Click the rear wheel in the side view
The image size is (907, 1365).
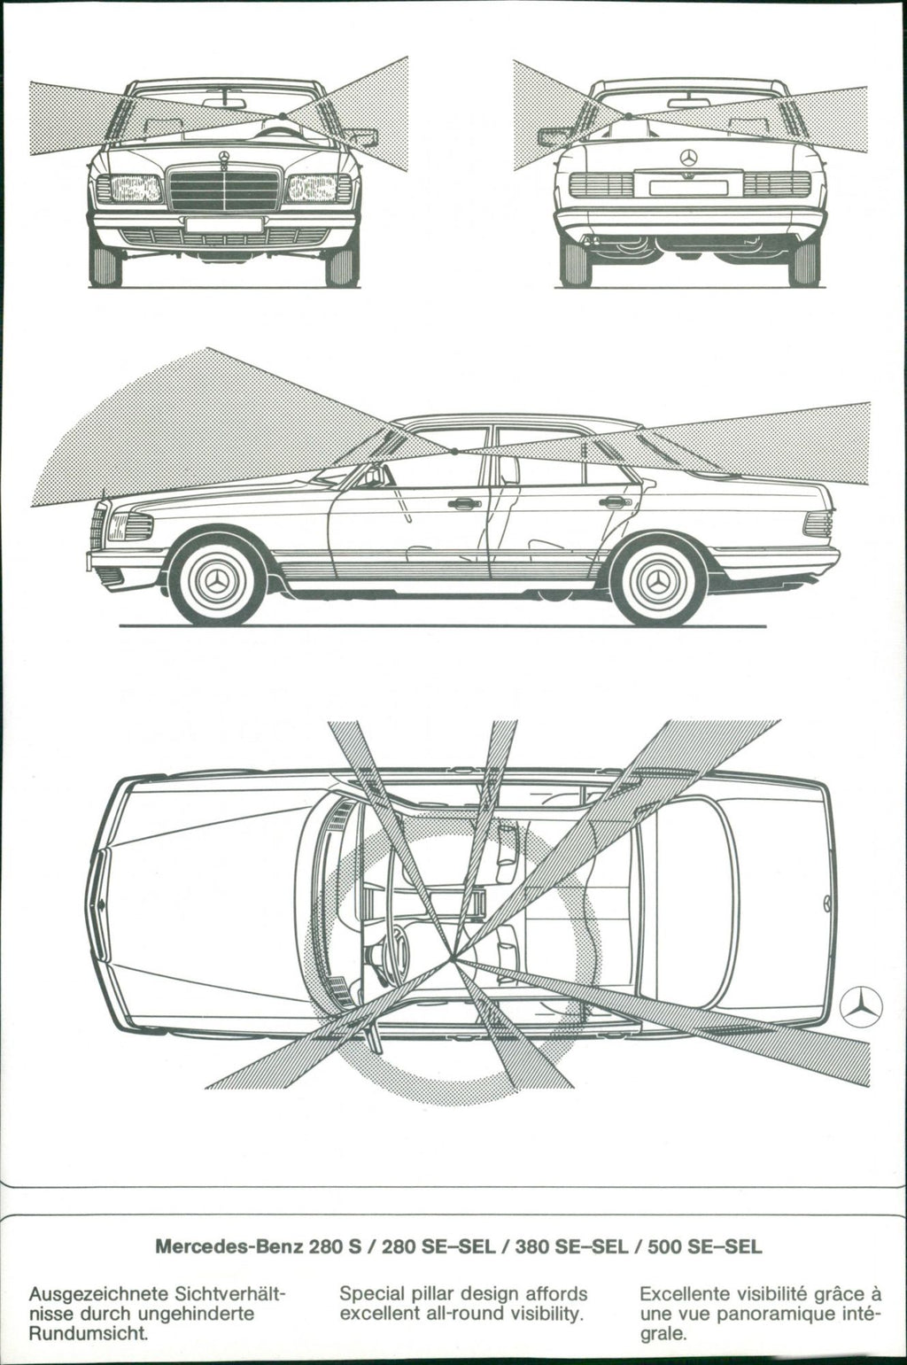coord(659,583)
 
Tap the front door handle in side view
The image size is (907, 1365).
coord(461,504)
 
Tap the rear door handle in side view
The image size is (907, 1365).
coord(612,502)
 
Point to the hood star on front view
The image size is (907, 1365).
coord(225,158)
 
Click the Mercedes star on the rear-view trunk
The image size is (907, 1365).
coord(688,158)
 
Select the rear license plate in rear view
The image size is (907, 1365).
coord(688,187)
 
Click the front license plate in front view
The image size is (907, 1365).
coord(224,224)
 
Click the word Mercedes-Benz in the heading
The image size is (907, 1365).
coord(229,1247)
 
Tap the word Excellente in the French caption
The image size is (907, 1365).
coord(683,1294)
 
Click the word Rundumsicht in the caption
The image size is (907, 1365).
coord(87,1333)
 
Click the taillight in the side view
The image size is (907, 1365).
coord(818,524)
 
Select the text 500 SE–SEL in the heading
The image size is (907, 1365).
coord(704,1247)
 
